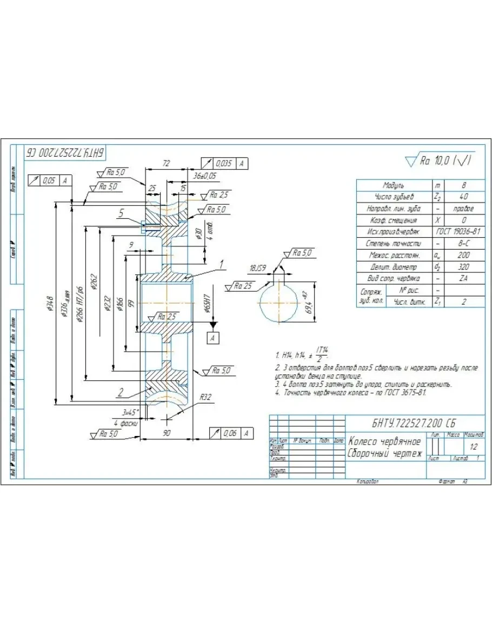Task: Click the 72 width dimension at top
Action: point(166,163)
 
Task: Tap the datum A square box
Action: point(214,338)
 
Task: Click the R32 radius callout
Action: point(205,397)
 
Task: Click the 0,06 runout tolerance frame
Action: point(231,433)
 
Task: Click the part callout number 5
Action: point(121,214)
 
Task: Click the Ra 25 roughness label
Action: point(243,286)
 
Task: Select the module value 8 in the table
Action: point(464,185)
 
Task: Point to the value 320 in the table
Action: point(463,267)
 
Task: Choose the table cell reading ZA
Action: point(463,278)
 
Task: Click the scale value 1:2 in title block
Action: point(474,447)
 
